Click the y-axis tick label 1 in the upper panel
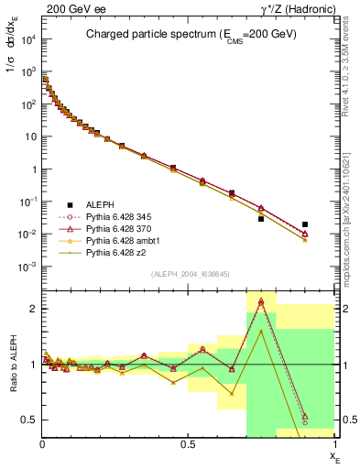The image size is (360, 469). coord(35,169)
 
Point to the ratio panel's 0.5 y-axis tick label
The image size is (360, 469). coord(30,420)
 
